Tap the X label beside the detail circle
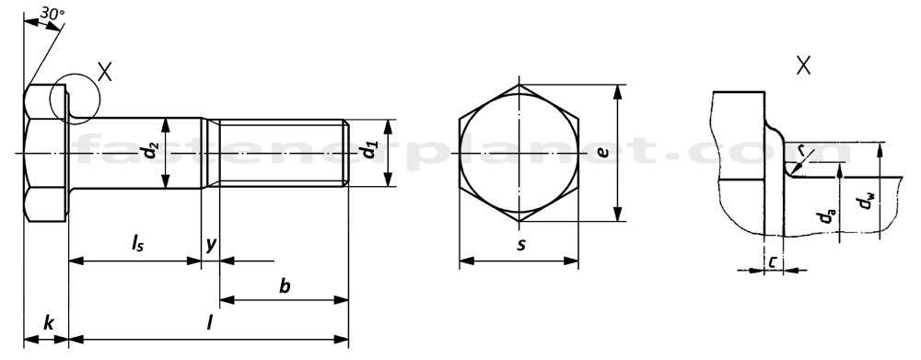(x=104, y=73)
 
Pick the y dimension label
(x=211, y=244)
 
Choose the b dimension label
(x=285, y=286)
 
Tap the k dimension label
(x=48, y=322)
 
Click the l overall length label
(x=210, y=322)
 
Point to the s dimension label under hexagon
(x=520, y=245)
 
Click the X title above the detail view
(x=804, y=65)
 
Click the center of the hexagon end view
(x=519, y=153)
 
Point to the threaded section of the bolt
(x=281, y=153)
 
